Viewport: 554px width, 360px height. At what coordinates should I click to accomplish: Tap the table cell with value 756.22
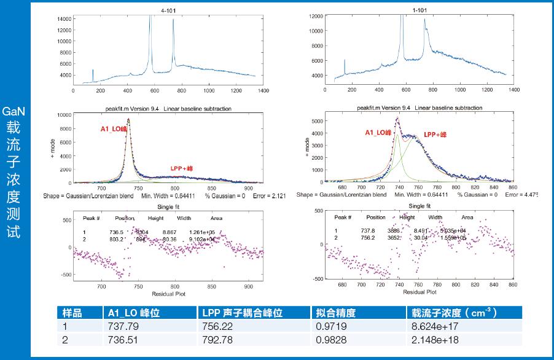coord(216,327)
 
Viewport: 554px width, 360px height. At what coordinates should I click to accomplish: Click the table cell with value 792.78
coord(216,340)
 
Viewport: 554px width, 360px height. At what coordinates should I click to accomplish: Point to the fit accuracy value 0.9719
coord(327,327)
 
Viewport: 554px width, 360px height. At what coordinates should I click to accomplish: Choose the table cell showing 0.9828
coord(327,340)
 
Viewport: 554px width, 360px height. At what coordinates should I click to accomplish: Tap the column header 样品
coord(69,313)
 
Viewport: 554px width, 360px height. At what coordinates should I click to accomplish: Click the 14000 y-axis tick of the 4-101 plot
coord(63,19)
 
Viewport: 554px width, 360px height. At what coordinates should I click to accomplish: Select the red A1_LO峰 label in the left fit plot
coord(114,130)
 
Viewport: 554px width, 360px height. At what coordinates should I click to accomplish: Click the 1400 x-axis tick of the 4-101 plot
coord(263,90)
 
